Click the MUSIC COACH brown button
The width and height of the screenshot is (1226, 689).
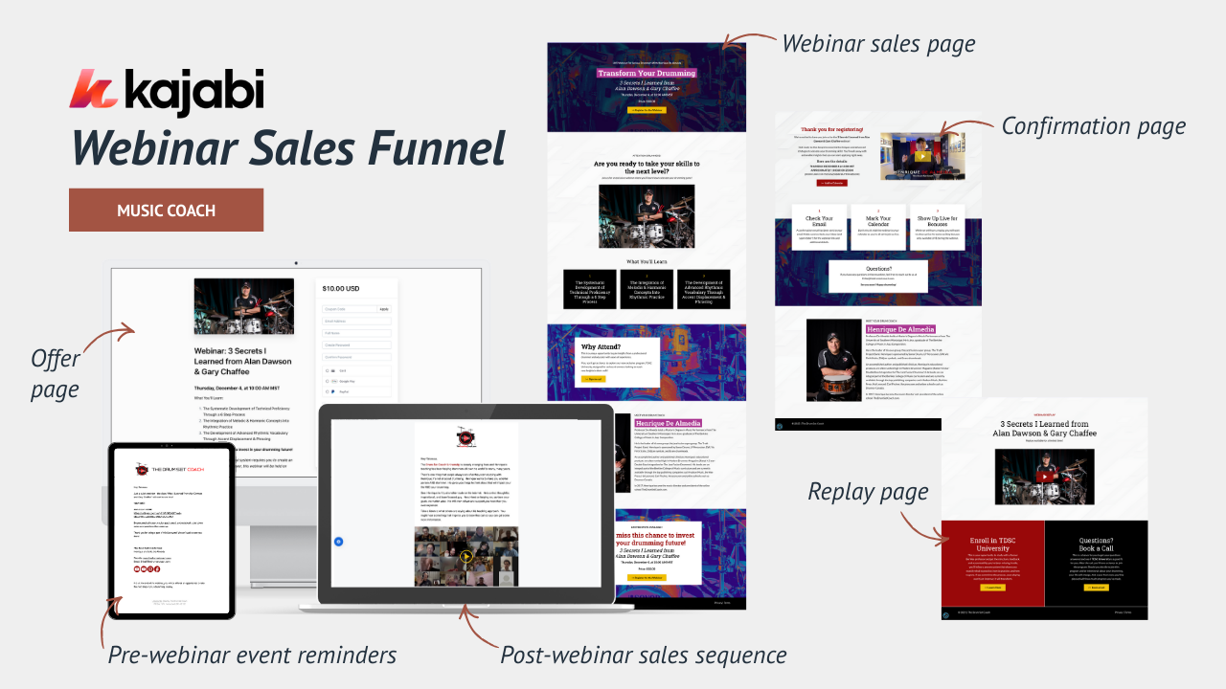tap(166, 211)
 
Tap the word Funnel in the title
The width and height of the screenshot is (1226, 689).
tap(435, 148)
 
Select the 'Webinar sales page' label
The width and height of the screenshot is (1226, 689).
tap(878, 44)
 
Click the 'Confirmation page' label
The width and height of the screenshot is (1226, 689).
tap(1093, 126)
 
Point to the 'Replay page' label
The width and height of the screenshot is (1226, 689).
tap(868, 492)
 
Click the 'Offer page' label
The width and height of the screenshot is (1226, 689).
tap(56, 373)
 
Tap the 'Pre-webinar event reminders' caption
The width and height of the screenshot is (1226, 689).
tap(252, 656)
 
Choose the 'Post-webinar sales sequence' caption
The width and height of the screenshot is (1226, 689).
tap(644, 656)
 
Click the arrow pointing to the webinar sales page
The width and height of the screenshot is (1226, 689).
tap(748, 39)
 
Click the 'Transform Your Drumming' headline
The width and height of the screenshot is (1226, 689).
tap(646, 73)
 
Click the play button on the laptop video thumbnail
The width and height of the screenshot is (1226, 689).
tap(466, 556)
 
